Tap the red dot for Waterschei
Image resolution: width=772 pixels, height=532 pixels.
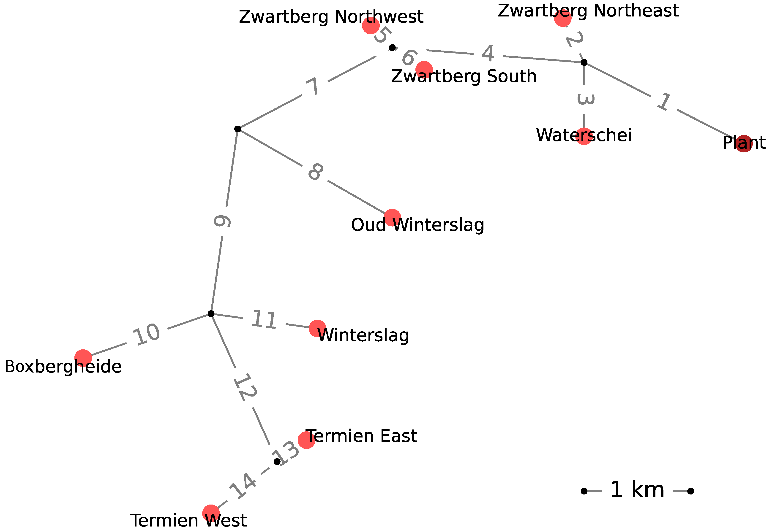584,136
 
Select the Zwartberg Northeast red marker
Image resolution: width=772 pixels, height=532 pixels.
562,18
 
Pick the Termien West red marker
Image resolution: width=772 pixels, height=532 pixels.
211,513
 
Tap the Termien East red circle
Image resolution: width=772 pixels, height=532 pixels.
306,440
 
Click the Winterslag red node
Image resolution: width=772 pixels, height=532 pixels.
317,328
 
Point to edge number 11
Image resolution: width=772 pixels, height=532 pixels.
264,320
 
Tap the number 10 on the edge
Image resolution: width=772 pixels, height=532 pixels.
147,334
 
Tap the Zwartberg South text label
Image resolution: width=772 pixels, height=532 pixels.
464,76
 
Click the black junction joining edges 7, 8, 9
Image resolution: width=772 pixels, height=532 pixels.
237,129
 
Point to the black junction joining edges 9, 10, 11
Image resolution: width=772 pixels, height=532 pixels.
211,314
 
